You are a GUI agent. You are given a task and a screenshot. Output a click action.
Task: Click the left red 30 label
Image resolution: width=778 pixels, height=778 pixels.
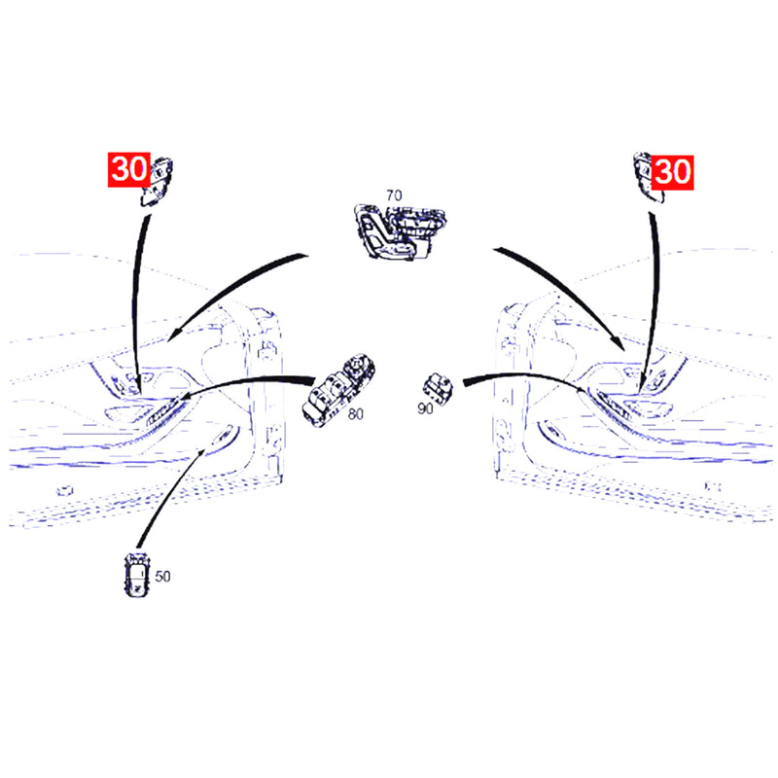(x=129, y=169)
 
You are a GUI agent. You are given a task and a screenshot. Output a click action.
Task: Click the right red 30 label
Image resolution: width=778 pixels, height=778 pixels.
(x=672, y=172)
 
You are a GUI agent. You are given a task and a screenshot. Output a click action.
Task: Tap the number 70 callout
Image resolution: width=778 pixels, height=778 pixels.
(x=394, y=195)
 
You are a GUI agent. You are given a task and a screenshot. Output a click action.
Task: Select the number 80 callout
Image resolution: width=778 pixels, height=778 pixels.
(x=355, y=414)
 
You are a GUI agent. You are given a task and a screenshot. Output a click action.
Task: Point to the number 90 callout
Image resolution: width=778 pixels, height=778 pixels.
(x=425, y=408)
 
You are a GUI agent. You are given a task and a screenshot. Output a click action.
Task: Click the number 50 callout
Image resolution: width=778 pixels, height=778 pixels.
(x=162, y=576)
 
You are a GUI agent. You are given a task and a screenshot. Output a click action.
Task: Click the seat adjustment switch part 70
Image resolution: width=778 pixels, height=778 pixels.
(x=400, y=231)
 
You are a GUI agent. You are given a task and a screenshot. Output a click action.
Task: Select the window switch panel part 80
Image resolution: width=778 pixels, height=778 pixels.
(x=338, y=390)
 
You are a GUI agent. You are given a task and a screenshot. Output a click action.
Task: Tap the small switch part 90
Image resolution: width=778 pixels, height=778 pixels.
(x=439, y=388)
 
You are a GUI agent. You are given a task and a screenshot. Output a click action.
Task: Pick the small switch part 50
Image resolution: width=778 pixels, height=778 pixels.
(x=136, y=575)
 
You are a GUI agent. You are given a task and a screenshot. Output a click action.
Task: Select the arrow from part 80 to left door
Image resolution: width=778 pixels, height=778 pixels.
(x=248, y=381)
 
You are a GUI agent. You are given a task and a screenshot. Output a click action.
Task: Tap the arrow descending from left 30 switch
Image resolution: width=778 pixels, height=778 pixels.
(x=135, y=302)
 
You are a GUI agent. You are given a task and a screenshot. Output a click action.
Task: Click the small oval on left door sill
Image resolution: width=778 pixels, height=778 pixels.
(x=63, y=491)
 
